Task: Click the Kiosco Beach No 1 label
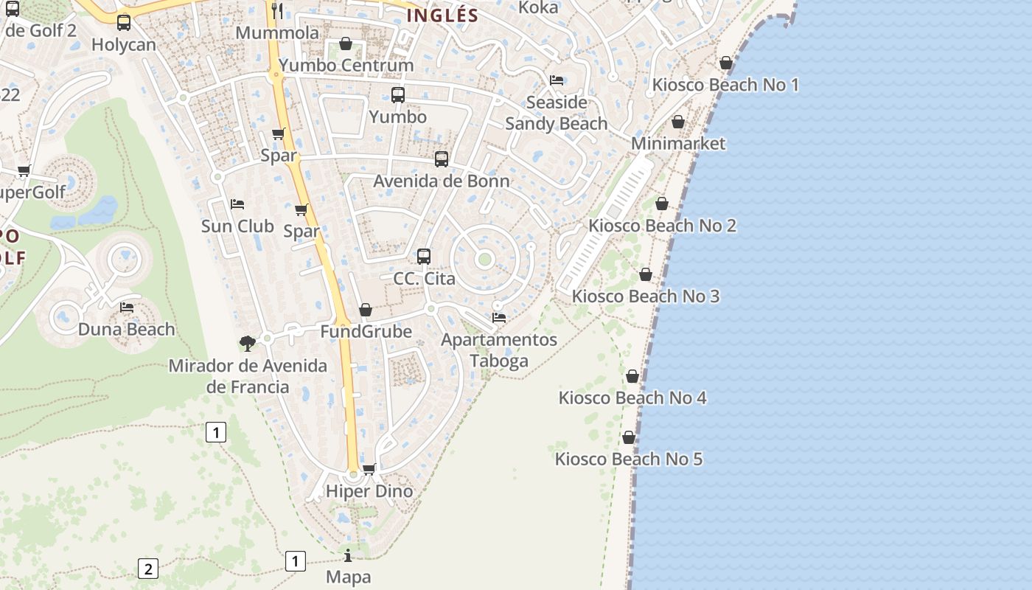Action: pos(725,85)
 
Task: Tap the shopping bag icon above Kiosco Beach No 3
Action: pos(646,275)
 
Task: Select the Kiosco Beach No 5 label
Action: pos(629,459)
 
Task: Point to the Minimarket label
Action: pos(678,143)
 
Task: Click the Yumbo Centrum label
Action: pos(346,65)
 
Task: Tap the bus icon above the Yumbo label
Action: pos(398,94)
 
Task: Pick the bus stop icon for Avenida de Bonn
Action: pos(442,159)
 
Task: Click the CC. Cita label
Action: pos(424,279)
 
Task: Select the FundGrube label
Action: pos(366,331)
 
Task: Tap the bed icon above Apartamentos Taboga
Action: pos(499,318)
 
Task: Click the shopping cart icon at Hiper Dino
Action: pos(369,469)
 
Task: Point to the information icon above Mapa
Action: pos(348,555)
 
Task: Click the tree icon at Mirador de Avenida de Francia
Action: pos(248,343)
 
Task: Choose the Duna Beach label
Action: pos(127,329)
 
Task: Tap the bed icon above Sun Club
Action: pos(237,204)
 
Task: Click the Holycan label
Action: pos(124,44)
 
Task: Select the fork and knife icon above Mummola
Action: pos(277,10)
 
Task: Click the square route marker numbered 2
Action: pos(148,569)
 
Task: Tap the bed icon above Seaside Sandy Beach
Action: pos(557,80)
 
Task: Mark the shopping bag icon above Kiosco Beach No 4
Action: pos(632,376)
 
